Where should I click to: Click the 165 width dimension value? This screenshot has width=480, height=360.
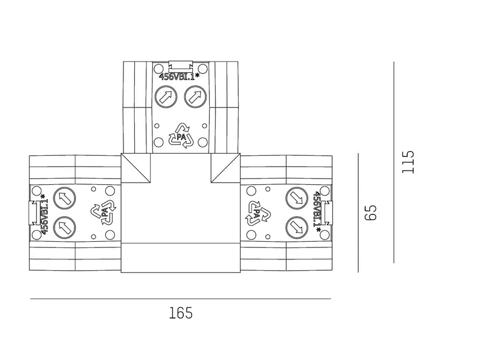coord(181,313)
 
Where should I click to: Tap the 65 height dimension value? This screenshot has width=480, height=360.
coord(371,213)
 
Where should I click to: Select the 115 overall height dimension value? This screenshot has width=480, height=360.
coord(408,162)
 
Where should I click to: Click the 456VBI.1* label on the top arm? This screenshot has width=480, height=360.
coord(179,77)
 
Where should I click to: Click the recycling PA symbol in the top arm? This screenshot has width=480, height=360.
coord(181,136)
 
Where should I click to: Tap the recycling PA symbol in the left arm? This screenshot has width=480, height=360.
coord(104,212)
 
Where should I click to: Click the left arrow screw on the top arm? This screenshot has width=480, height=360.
coord(166,97)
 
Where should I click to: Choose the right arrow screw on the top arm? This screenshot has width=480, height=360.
coord(195,97)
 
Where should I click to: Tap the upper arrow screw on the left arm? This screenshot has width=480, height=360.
coord(64,198)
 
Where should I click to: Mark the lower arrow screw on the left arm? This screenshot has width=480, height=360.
coord(64,227)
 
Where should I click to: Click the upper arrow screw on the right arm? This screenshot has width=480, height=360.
coord(297,198)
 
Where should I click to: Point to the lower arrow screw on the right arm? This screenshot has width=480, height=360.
coord(297,227)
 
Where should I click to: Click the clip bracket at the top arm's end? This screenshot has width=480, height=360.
coord(181,67)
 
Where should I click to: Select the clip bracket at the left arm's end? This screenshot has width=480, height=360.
coord(34,213)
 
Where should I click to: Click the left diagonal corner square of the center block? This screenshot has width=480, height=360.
coord(136,168)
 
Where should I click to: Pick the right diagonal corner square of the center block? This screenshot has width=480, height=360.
coord(226,168)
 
